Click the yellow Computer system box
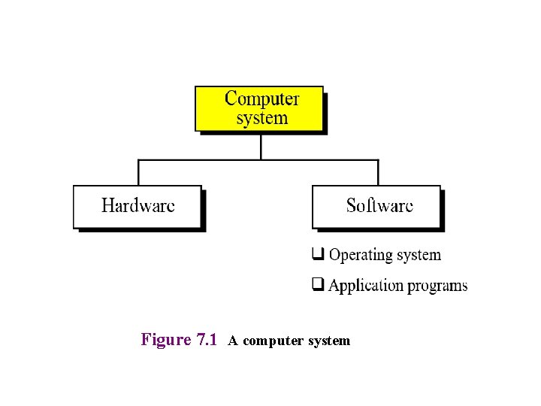(x=259, y=108)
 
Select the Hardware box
(x=138, y=206)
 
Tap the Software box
(x=376, y=206)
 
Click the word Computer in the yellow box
(x=261, y=98)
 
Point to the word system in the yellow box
(x=261, y=118)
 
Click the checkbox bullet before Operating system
(x=318, y=254)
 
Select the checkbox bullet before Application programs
(x=318, y=285)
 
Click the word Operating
(x=361, y=255)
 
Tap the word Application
(x=366, y=286)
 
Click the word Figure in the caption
(x=166, y=340)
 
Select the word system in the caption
(x=326, y=341)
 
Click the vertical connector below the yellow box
(x=260, y=146)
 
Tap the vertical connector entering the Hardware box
(x=138, y=172)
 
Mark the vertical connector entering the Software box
(x=378, y=172)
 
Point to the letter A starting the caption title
(x=233, y=341)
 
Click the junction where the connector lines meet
(x=260, y=159)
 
